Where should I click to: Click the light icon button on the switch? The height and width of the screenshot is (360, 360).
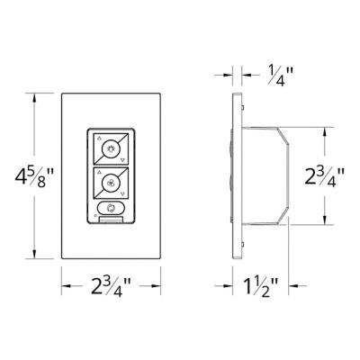point(112,148)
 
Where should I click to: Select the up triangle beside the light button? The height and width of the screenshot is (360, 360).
point(96,139)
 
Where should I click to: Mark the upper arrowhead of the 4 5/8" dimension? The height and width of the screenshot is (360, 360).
point(35,96)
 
